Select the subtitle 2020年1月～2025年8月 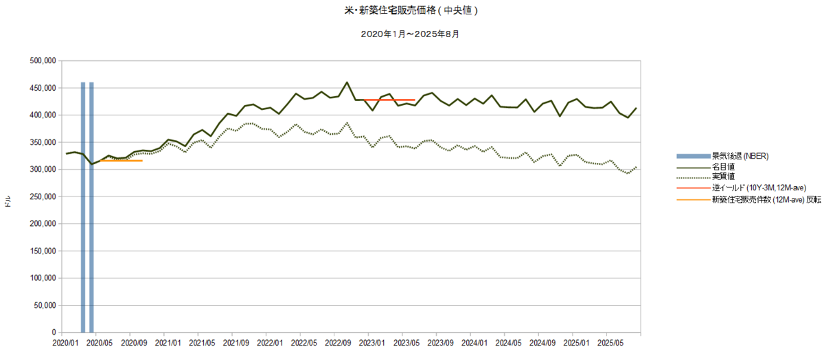click(410, 34)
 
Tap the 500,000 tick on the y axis click(43, 60)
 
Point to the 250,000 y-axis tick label click(43, 196)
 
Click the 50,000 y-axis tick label click(45, 305)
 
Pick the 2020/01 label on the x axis click(65, 343)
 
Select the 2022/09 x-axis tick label click(338, 343)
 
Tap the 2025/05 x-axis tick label click(610, 343)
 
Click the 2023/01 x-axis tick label click(372, 343)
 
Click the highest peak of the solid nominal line click(347, 82)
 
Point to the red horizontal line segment click(389, 100)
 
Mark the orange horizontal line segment click(121, 161)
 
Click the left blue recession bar click(83, 207)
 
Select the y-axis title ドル click(8, 201)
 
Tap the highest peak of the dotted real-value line click(347, 123)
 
